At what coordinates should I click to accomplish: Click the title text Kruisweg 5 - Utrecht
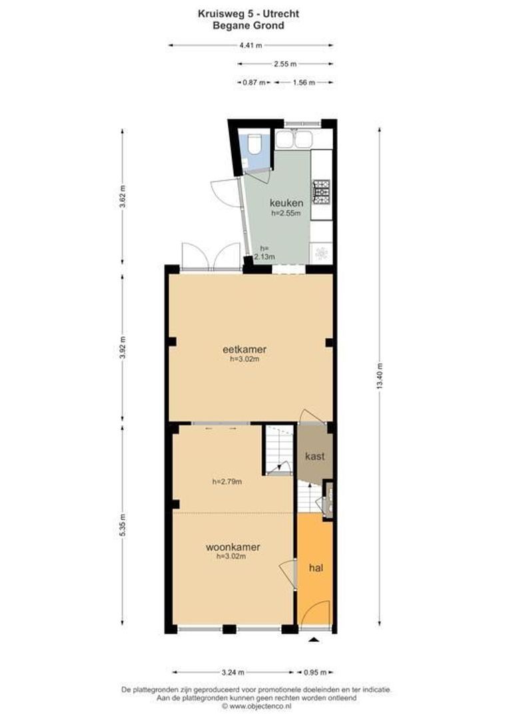248,13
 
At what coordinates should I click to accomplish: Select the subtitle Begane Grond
248,25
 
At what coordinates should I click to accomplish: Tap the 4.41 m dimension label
250,45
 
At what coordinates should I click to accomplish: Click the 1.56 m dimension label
303,83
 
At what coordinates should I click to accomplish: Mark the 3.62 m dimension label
122,200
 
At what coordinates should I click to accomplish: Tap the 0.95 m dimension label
314,672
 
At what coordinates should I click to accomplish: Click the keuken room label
286,202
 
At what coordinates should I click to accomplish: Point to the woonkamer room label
233,547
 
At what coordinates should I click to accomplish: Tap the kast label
314,457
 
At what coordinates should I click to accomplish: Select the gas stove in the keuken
322,192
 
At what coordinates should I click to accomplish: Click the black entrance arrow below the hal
314,640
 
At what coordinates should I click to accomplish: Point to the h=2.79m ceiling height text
227,481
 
